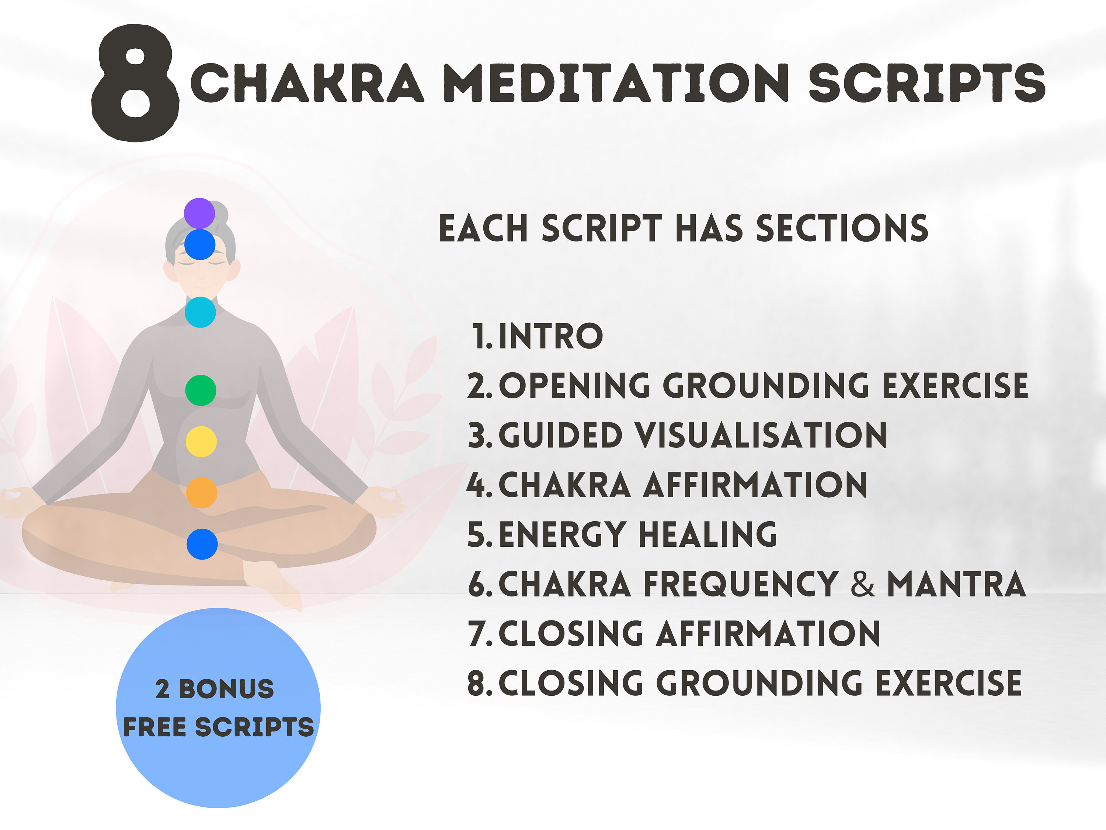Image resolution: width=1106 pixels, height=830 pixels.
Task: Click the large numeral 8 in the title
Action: click(135, 83)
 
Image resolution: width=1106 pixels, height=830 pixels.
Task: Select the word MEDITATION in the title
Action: click(616, 83)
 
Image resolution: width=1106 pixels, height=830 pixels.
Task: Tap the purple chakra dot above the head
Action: click(199, 213)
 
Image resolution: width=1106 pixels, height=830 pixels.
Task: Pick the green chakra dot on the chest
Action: click(201, 390)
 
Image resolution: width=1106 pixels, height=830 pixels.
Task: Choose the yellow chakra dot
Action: click(201, 442)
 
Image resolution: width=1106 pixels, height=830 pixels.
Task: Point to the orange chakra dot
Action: click(202, 493)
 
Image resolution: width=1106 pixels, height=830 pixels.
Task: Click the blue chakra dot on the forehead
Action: click(200, 245)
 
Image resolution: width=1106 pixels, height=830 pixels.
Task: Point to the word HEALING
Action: click(708, 534)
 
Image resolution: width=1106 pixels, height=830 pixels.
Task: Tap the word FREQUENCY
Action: click(741, 584)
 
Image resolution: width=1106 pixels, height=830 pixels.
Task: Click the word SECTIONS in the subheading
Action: click(842, 228)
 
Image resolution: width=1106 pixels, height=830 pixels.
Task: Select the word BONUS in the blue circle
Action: click(226, 689)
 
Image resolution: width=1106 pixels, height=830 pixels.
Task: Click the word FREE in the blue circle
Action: click(155, 727)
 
